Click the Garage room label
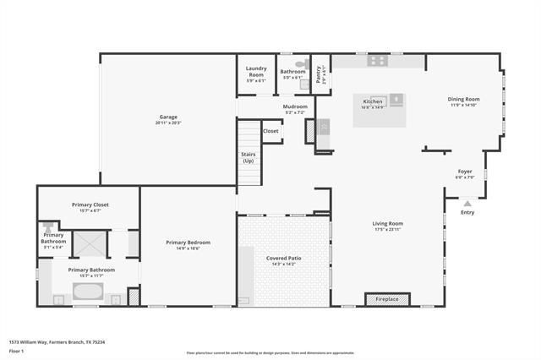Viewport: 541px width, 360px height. tap(168, 117)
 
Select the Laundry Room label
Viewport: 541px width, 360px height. tap(255, 72)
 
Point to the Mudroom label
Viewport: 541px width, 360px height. tap(295, 106)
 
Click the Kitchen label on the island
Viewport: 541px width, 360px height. tap(373, 101)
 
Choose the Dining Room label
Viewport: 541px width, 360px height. tap(463, 99)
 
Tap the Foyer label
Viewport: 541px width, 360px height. tap(465, 172)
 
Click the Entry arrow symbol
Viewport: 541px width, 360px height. tap(467, 203)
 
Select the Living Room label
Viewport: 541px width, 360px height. tap(388, 224)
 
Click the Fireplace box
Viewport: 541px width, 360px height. tap(387, 298)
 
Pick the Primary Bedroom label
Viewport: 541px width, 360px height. tap(188, 243)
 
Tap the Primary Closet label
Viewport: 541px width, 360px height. tap(90, 205)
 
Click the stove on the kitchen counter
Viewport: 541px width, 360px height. tap(377, 61)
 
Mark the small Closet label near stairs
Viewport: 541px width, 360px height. tap(270, 131)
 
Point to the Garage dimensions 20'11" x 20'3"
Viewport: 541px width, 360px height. tap(168, 123)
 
